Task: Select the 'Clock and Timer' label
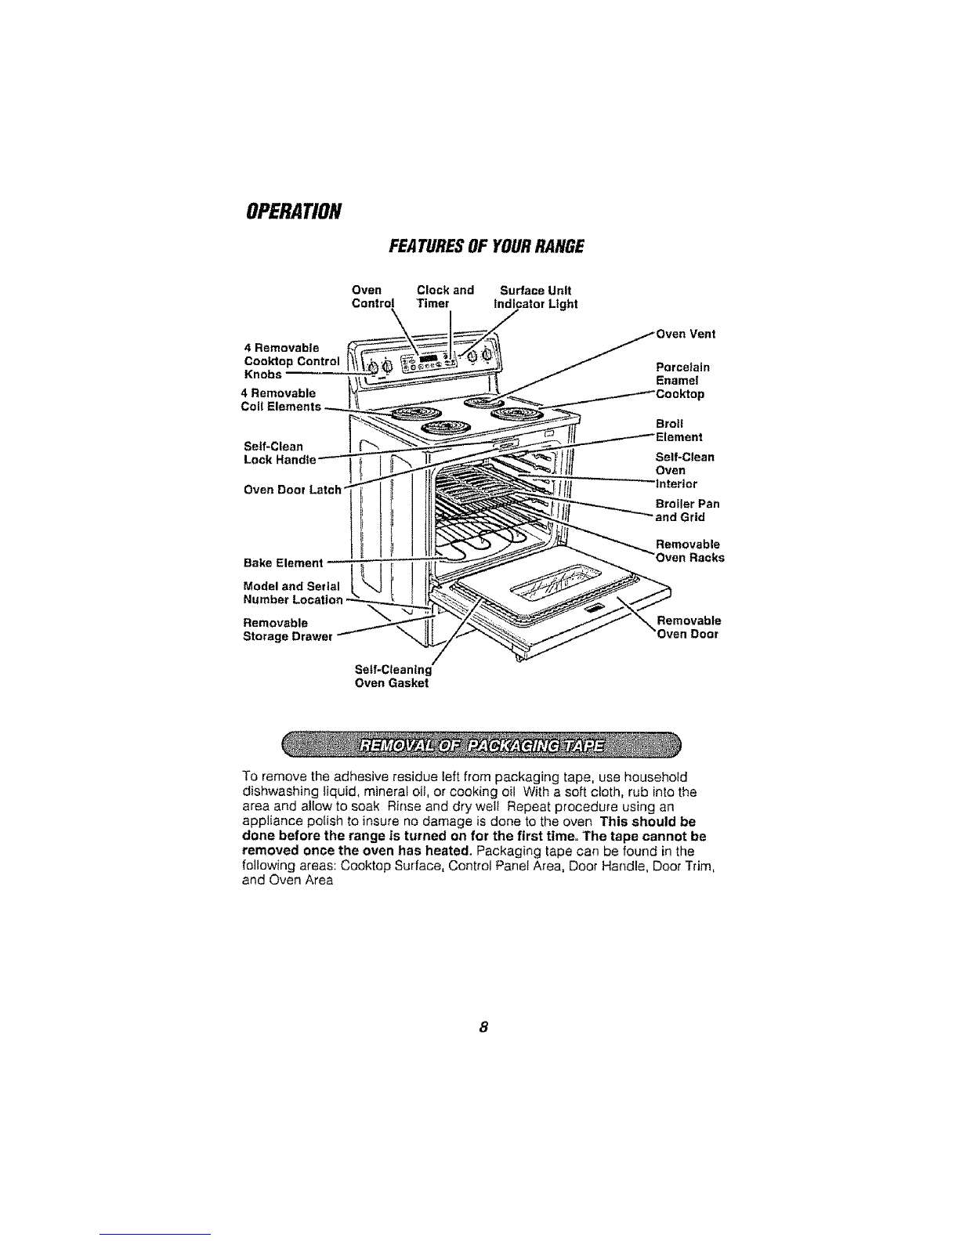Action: pos(446,296)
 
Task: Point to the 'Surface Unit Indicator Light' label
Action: pos(535,296)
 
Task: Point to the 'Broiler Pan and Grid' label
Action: pos(687,511)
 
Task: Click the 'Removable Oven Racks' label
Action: pos(689,552)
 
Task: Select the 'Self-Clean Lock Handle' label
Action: pos(280,453)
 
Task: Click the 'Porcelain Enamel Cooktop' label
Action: pos(680,380)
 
